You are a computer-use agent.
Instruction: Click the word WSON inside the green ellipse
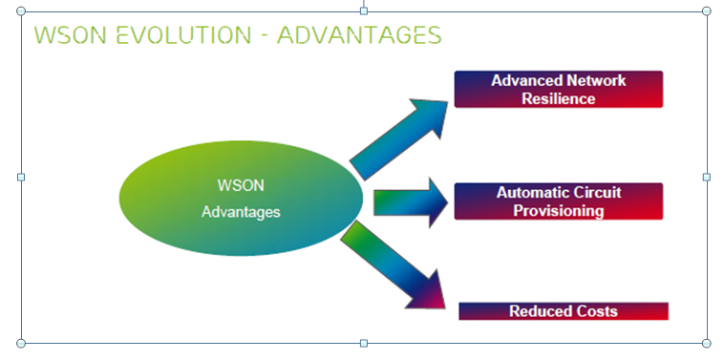[x=241, y=185]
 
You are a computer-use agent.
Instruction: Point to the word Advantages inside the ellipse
[x=241, y=212]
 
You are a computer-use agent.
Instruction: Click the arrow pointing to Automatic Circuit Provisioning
[x=409, y=202]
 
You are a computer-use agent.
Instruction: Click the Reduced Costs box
[x=563, y=311]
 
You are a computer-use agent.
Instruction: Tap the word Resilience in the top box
[x=558, y=98]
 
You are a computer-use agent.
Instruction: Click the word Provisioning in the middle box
[x=558, y=211]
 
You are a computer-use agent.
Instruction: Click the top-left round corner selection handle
[x=21, y=11]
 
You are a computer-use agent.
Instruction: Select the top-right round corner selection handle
[x=706, y=11]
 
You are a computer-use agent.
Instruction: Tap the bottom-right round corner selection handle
[x=706, y=343]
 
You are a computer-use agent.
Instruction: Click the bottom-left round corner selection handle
[x=21, y=343]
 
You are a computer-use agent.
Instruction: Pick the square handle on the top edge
[x=363, y=11]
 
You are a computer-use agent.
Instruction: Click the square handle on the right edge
[x=706, y=177]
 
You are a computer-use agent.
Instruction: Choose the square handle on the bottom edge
[x=363, y=343]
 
